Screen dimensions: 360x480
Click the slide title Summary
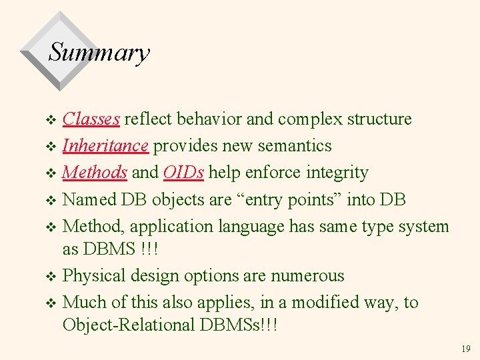click(x=99, y=52)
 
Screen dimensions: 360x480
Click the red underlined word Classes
click(x=91, y=119)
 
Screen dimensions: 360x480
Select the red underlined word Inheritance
click(x=105, y=146)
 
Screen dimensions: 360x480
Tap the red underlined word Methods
click(x=94, y=173)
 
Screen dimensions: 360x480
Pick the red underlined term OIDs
click(x=183, y=173)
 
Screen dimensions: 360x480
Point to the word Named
click(x=87, y=200)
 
